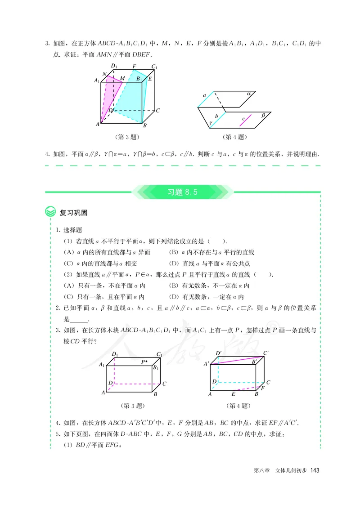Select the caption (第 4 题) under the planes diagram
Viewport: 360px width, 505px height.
click(x=234, y=138)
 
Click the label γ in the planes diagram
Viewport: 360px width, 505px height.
click(x=210, y=121)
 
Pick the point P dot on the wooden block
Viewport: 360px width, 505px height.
click(x=146, y=361)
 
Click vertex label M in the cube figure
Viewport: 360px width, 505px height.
click(x=122, y=78)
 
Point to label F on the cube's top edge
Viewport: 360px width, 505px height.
click(x=134, y=67)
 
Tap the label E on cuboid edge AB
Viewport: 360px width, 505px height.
click(x=234, y=394)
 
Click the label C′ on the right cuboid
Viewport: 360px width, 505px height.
click(x=266, y=353)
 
